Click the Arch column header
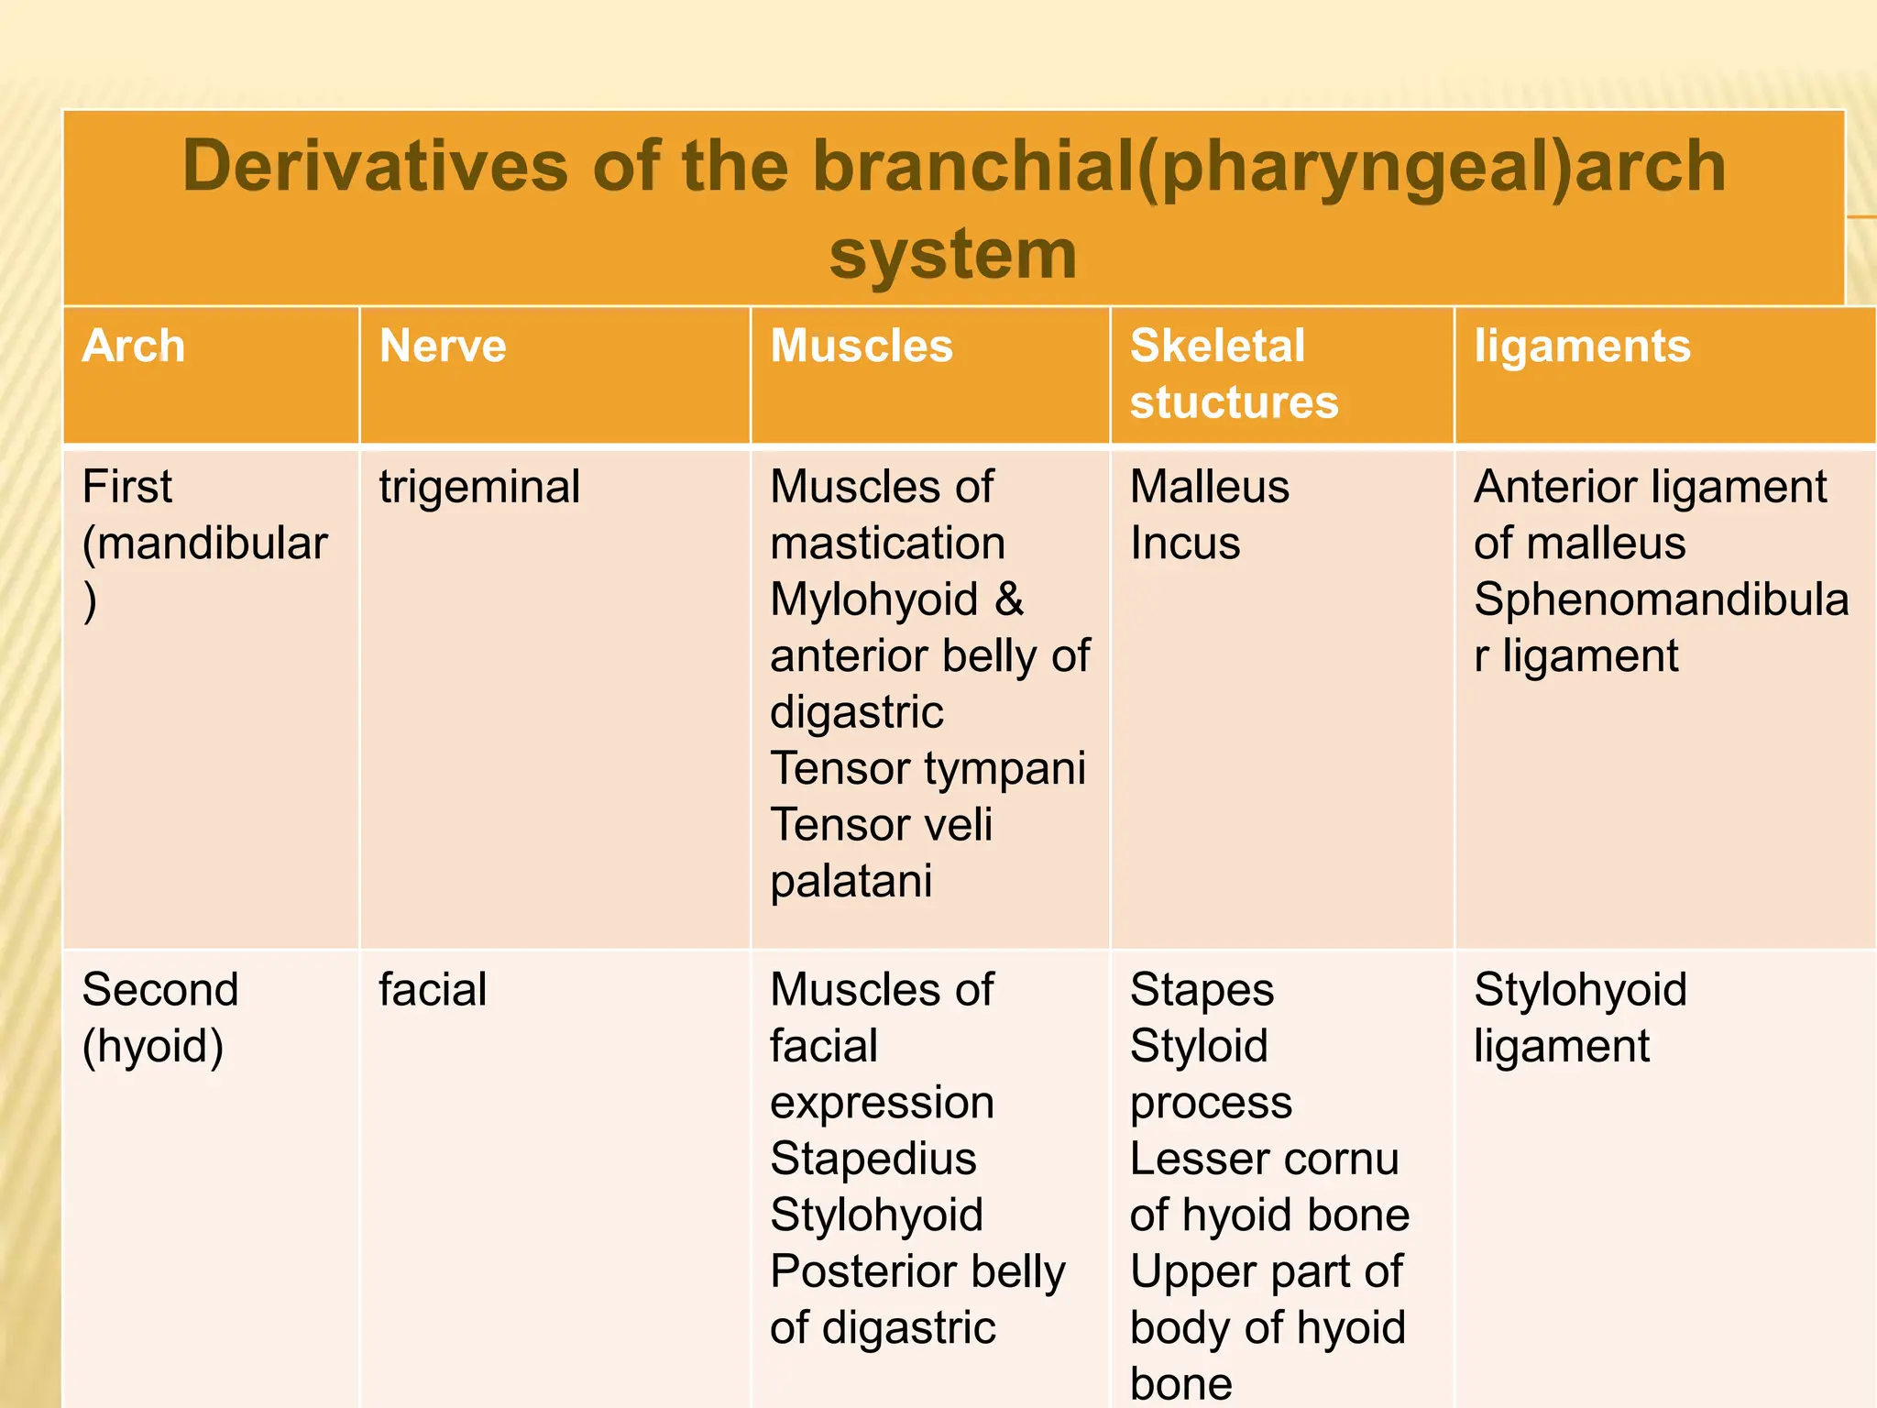[x=134, y=346]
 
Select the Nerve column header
[x=443, y=346]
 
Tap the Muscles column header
[x=862, y=346]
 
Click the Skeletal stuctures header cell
[x=1234, y=374]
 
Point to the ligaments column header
[x=1582, y=346]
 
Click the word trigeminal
[x=479, y=488]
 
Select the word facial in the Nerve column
[x=433, y=990]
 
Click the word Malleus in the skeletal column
[x=1209, y=487]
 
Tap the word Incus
[x=1185, y=544]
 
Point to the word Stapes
[x=1202, y=990]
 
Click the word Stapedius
[x=873, y=1159]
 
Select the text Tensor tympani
[x=928, y=768]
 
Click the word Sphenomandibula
[x=1661, y=599]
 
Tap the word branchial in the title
[x=972, y=166]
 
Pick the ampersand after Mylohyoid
[x=1009, y=599]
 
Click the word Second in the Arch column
[x=160, y=990]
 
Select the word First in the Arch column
[x=126, y=487]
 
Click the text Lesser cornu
[x=1264, y=1159]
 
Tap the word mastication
[x=887, y=544]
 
